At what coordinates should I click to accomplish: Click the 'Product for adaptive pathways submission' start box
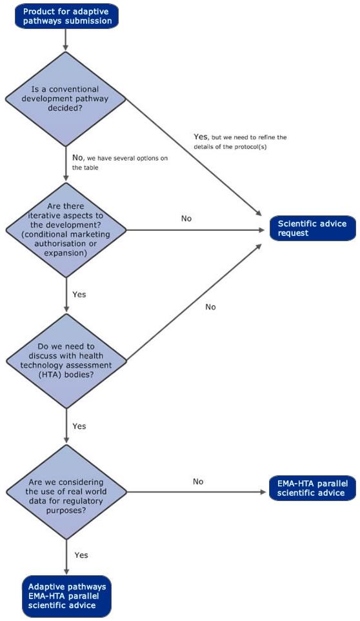(x=66, y=15)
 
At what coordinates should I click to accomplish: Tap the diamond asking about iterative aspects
(x=66, y=231)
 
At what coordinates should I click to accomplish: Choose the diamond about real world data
(x=66, y=493)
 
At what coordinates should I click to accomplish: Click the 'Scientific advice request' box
(x=313, y=228)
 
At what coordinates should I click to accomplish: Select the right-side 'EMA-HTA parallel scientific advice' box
(x=313, y=489)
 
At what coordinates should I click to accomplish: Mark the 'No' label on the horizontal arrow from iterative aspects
(x=186, y=219)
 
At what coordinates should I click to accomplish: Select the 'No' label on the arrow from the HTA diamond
(x=210, y=307)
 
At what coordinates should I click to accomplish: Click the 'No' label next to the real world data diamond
(x=199, y=481)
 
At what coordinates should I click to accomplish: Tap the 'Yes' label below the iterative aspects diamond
(x=79, y=294)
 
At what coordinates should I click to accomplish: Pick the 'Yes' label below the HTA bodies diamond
(x=79, y=426)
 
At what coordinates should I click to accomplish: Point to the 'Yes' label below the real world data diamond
(x=81, y=555)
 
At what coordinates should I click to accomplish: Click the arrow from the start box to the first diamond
(x=66, y=40)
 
